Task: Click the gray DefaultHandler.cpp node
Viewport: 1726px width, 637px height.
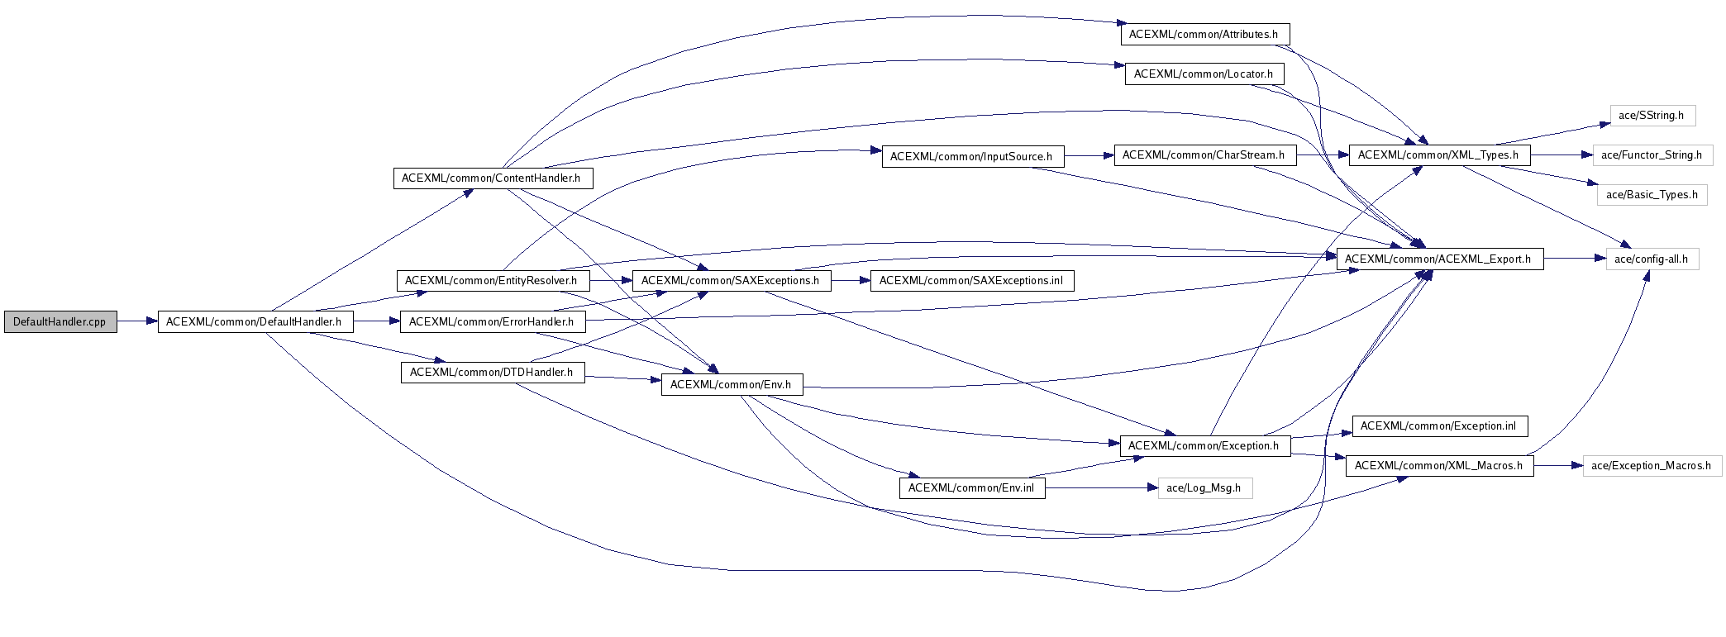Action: tap(60, 322)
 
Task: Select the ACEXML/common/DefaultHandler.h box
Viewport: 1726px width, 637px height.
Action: tap(255, 322)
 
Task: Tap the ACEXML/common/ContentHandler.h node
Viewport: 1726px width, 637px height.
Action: tap(492, 178)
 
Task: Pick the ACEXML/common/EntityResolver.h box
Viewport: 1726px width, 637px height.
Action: tap(492, 281)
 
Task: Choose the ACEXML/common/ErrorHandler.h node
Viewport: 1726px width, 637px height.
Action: tap(492, 322)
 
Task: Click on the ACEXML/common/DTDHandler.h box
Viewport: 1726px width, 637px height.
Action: tap(492, 373)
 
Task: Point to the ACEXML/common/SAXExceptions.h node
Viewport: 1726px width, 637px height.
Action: tap(731, 281)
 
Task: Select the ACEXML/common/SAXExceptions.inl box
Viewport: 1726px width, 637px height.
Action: tap(971, 281)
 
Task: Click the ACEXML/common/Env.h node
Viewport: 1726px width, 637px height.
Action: tap(731, 385)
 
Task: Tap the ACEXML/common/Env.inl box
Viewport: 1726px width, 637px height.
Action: tap(971, 488)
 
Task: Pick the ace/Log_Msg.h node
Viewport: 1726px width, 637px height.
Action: tap(1204, 488)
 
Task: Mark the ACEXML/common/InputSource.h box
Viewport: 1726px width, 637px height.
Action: tap(971, 157)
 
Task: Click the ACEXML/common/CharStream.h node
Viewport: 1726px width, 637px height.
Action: tap(1204, 155)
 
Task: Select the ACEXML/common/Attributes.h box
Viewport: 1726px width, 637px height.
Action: tap(1204, 35)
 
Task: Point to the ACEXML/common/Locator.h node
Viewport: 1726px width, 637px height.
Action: tap(1204, 74)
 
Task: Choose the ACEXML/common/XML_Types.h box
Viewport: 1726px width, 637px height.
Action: tap(1438, 155)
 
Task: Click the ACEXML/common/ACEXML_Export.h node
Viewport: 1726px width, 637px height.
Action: tap(1438, 259)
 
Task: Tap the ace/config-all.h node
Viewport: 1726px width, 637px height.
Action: tap(1651, 259)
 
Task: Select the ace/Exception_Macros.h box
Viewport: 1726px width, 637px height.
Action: tap(1651, 466)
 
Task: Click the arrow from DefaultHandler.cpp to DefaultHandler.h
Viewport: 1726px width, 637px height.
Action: tap(137, 322)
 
